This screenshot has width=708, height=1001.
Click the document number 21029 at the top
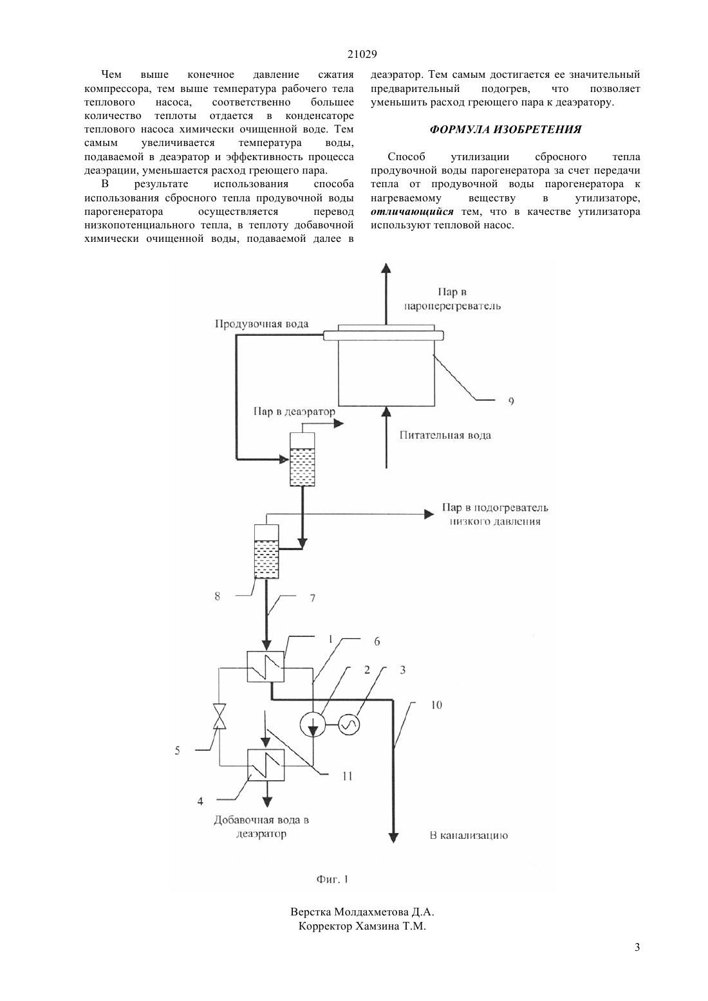pos(362,54)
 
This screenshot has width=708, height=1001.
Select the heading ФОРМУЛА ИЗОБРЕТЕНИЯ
pos(505,129)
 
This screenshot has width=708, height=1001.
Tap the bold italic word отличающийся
pos(412,212)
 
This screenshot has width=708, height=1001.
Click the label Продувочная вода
pos(261,324)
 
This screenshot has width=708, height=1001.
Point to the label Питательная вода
pos(445,436)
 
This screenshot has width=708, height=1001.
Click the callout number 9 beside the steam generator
pos(511,401)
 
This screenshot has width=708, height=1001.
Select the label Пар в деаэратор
pos(294,412)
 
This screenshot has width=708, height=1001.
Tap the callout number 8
pos(218,596)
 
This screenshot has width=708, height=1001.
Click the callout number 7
pos(312,598)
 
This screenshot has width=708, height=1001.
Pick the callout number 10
pos(436,705)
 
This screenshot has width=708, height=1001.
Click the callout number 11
pos(348,776)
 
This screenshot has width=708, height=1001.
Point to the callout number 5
pos(178,751)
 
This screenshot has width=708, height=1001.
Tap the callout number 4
pos(200,802)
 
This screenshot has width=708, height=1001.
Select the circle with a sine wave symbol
pos(349,724)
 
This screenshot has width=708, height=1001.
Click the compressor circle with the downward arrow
pos(313,724)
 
